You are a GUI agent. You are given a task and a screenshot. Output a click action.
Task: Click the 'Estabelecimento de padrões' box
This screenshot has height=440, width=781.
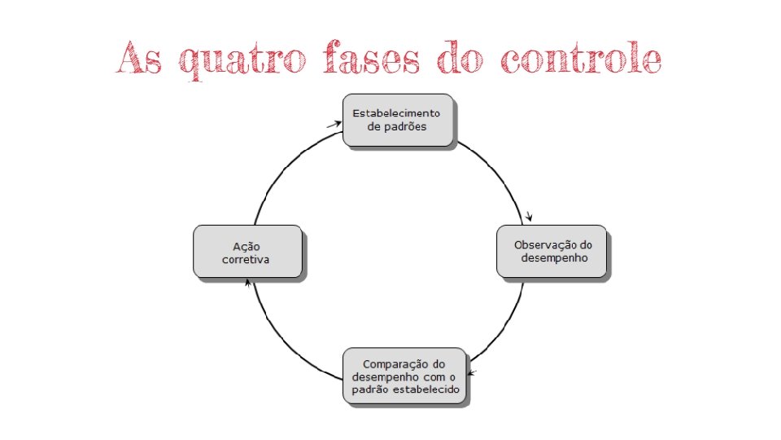pyautogui.click(x=397, y=120)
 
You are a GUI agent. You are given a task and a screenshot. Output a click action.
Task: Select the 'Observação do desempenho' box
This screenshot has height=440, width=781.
pyautogui.click(x=552, y=251)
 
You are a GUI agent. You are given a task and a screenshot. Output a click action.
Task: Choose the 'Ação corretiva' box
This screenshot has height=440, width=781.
pyautogui.click(x=247, y=252)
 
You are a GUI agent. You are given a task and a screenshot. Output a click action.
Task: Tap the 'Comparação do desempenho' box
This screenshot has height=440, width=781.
pyautogui.click(x=404, y=376)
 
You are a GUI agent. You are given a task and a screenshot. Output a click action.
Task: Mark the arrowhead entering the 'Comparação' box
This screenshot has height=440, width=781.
pyautogui.click(x=473, y=374)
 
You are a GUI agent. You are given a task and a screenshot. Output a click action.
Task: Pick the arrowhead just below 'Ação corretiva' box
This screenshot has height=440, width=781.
pyautogui.click(x=247, y=282)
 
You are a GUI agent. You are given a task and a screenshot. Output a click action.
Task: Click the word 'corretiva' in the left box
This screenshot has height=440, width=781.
pyautogui.click(x=246, y=260)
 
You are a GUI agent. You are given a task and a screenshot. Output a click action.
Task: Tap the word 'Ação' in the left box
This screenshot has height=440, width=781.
pyautogui.click(x=246, y=246)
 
